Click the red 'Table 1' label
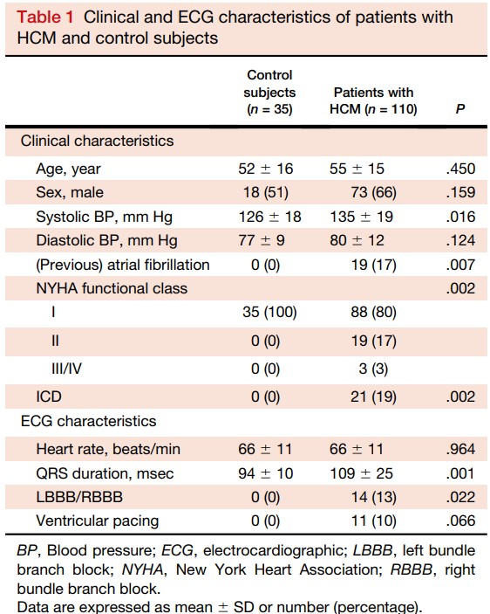[45, 17]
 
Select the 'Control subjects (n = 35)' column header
[269, 92]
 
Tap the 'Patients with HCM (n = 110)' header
[373, 100]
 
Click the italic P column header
[460, 109]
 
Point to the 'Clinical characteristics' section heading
[97, 141]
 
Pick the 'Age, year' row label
[68, 169]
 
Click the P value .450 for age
[460, 169]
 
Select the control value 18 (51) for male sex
[266, 193]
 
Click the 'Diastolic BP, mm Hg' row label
[106, 241]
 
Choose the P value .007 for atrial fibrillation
[460, 265]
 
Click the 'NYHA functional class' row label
[112, 288]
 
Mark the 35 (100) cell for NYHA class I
[269, 313]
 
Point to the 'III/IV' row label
[67, 369]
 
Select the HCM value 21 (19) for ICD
[373, 397]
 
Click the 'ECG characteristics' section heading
[88, 421]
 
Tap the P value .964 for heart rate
[460, 449]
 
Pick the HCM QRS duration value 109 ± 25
[362, 473]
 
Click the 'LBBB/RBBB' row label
[79, 497]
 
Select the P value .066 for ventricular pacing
[460, 521]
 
